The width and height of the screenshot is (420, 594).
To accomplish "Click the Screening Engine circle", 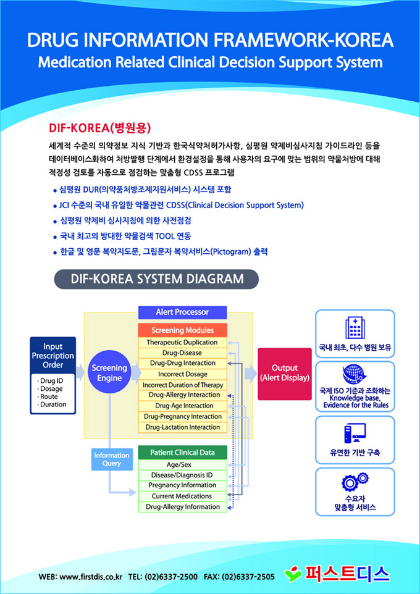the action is (109, 373).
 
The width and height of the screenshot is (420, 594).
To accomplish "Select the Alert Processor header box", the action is (182, 312).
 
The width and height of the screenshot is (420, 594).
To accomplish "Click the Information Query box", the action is (111, 459).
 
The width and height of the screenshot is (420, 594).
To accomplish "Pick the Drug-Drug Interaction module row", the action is (182, 363).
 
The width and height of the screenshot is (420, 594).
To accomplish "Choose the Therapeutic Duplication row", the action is (182, 343).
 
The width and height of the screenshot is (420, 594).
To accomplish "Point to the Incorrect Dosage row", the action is (182, 374).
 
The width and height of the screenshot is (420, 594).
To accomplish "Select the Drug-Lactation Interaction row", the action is (182, 427).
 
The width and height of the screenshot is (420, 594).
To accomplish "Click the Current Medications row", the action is (182, 496).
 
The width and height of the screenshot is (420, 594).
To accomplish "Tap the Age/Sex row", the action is (182, 464).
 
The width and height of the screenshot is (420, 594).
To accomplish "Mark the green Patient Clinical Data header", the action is (182, 453).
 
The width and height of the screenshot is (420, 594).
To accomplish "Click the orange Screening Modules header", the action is (182, 330).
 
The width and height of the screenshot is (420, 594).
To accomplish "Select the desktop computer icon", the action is (355, 432).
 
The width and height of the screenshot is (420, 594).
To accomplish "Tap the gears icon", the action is (355, 480).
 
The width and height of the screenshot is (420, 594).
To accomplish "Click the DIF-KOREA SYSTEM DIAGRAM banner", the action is (156, 279).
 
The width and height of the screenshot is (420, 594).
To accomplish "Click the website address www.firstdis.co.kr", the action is (91, 577).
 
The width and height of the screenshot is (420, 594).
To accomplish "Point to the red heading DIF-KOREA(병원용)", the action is (99, 128).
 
